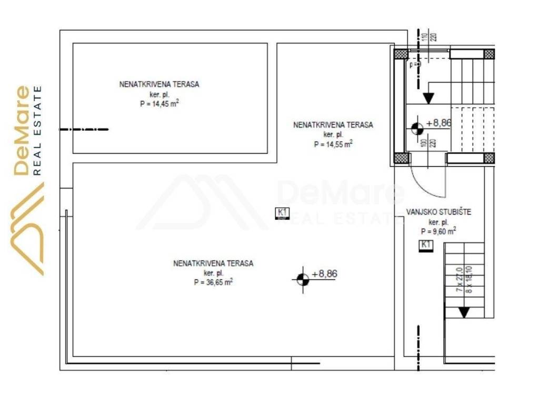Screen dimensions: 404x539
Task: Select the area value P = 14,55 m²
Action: (x=333, y=144)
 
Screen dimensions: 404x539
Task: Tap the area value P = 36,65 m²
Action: (x=213, y=282)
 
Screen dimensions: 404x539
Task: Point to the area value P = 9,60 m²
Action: (x=438, y=231)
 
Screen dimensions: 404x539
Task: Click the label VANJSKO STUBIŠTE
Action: (x=431, y=213)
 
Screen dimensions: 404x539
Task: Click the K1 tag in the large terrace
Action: (x=283, y=213)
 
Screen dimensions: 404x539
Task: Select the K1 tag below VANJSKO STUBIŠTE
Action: (x=425, y=245)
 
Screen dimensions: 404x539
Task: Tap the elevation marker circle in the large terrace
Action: (x=302, y=279)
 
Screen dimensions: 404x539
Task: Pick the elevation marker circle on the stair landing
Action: (x=416, y=128)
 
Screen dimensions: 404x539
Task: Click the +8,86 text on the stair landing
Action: (x=439, y=123)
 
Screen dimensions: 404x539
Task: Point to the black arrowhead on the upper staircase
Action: (x=428, y=98)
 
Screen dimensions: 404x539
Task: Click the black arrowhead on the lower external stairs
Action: (x=463, y=312)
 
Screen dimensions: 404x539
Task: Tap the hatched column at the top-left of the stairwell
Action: (x=401, y=54)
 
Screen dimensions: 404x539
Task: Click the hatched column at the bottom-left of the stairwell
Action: (x=401, y=157)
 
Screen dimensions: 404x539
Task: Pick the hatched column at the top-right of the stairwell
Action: (x=489, y=54)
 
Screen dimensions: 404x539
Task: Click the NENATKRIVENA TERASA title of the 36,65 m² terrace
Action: (x=213, y=263)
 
